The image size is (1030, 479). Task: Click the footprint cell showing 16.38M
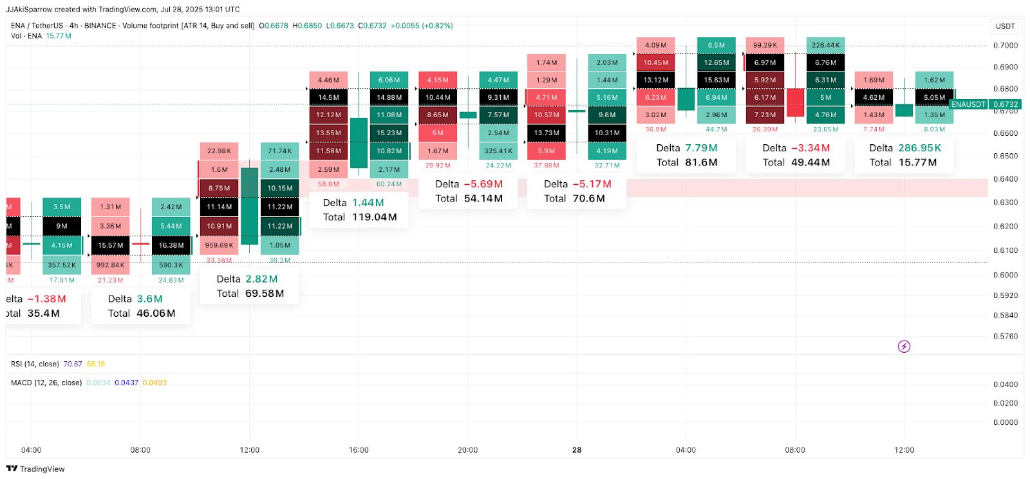point(171,245)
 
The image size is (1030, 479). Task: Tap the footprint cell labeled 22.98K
point(219,151)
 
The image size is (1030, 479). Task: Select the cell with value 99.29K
point(765,45)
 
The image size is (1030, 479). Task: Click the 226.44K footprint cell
point(825,45)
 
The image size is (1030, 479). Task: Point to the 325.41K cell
point(498,151)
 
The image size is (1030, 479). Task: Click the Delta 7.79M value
point(701,148)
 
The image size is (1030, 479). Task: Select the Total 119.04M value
point(374,217)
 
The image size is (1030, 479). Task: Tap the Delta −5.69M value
point(483,184)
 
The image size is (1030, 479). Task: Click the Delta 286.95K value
point(919,148)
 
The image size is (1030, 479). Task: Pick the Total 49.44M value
point(810,162)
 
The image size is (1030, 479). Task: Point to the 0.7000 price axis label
point(1005,46)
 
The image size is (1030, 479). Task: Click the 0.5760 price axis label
point(1005,336)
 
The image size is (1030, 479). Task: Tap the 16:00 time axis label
point(359,450)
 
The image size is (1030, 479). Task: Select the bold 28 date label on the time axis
point(577,450)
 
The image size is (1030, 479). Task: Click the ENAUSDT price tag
point(968,104)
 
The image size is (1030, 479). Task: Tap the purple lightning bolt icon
point(904,346)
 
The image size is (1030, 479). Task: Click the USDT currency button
point(1005,26)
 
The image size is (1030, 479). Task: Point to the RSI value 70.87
point(73,364)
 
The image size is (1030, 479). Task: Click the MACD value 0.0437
point(126,382)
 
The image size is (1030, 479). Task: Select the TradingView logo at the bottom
point(35,469)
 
